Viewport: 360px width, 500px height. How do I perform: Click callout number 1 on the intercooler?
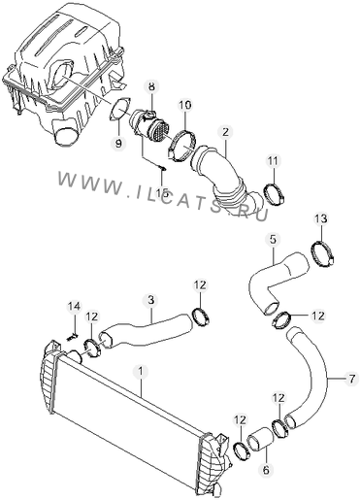(141, 372)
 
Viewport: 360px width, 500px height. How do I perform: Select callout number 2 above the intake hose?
(225, 131)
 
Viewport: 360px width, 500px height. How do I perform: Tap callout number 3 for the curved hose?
(151, 300)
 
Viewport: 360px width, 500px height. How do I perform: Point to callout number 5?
(273, 240)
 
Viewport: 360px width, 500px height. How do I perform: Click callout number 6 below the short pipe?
(266, 470)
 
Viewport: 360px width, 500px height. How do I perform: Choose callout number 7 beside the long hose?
(351, 379)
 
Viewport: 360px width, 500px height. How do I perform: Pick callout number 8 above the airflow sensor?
(151, 86)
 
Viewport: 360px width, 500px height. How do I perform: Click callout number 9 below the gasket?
(118, 143)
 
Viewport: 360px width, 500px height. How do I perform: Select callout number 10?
(185, 105)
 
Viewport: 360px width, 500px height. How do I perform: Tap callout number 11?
(274, 161)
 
